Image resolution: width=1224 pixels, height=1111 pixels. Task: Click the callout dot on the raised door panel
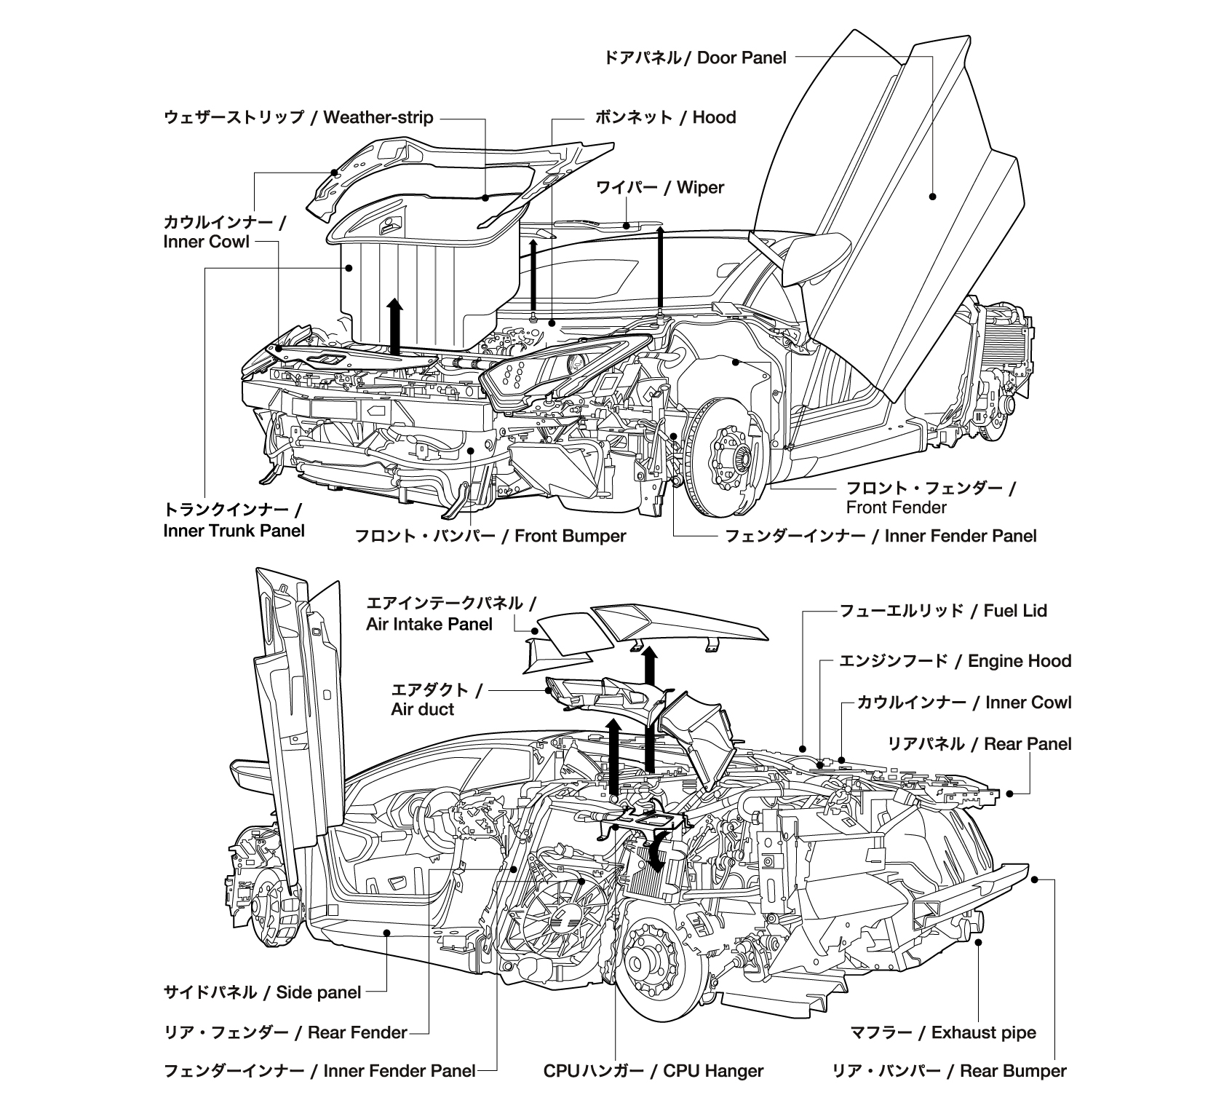(x=932, y=196)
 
